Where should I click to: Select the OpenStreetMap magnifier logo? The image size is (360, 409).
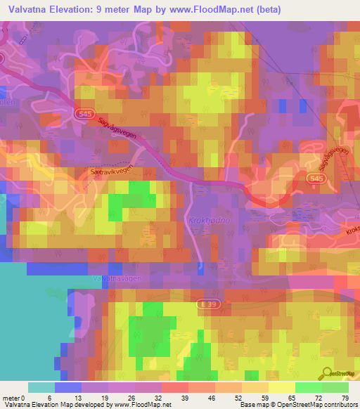click(327, 372)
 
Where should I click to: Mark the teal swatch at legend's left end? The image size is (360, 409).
click(41, 387)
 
